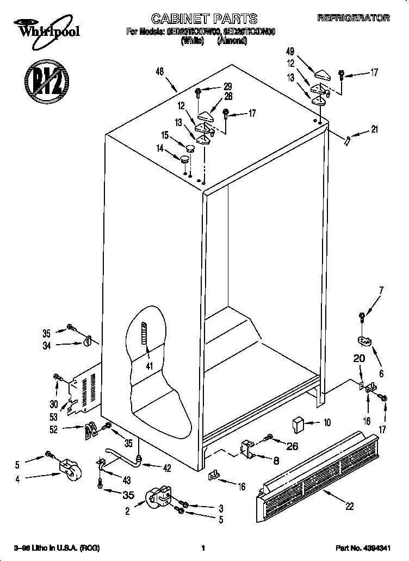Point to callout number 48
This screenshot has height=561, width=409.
[159, 72]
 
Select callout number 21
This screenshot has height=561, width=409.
[374, 129]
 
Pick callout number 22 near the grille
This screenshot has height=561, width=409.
[349, 506]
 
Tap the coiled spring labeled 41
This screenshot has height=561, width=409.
[145, 339]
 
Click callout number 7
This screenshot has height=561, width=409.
[381, 290]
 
